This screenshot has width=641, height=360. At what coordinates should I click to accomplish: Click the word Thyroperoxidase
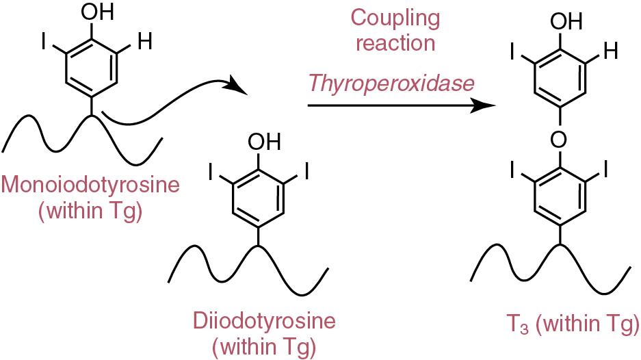tap(391, 83)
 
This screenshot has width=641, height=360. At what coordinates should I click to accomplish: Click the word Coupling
tap(395, 18)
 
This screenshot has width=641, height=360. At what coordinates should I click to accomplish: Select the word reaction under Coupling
tap(395, 43)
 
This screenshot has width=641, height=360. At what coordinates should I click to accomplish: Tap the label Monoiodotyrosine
tap(90, 185)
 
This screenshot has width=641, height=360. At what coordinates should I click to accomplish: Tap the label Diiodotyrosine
tap(264, 321)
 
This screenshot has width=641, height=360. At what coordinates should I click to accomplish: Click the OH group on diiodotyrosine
tap(265, 141)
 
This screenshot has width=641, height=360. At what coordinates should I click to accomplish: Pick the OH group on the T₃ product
tap(566, 21)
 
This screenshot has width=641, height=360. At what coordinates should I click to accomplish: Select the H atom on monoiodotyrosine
tap(145, 41)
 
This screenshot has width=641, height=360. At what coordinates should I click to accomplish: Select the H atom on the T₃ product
tap(610, 51)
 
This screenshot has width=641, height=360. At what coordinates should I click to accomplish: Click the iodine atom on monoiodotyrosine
tap(44, 42)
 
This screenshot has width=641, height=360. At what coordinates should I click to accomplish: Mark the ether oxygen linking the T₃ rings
tap(558, 140)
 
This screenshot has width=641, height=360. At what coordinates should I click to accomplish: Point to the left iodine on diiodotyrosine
tap(211, 172)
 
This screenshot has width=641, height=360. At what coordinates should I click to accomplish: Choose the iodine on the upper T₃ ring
tap(512, 51)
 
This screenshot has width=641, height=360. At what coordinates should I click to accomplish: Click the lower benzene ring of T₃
tap(559, 196)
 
